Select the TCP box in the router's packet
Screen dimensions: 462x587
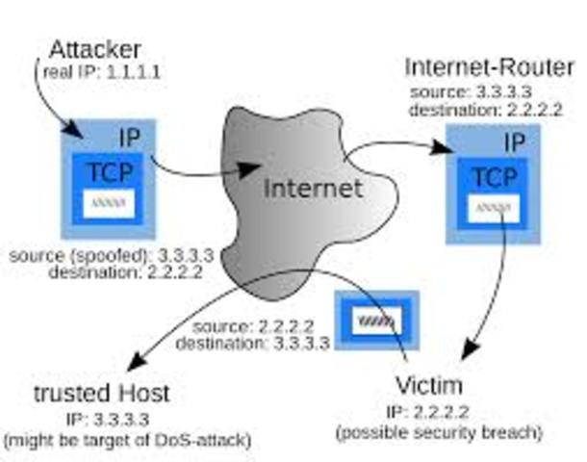[x=493, y=178]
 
